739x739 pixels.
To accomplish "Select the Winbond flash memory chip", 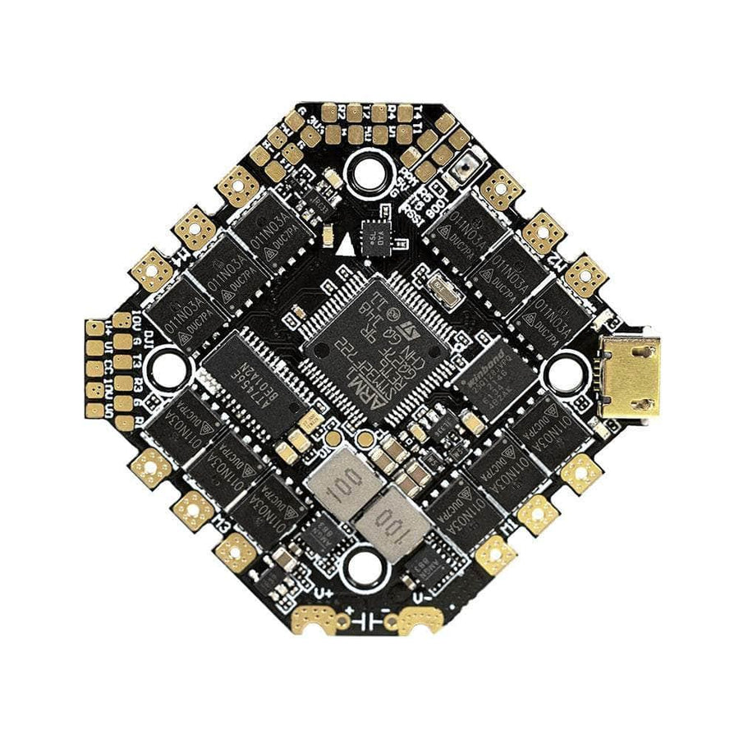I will (x=492, y=379).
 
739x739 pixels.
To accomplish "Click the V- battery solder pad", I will (x=422, y=621).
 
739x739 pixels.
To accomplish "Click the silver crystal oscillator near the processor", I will (x=444, y=287).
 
